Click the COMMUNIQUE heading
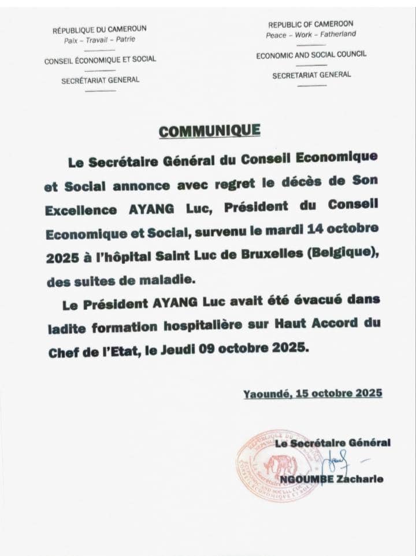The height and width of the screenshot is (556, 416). (210, 131)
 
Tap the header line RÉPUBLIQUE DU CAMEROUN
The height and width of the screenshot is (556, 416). (100, 29)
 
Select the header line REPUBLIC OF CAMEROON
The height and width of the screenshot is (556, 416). (310, 24)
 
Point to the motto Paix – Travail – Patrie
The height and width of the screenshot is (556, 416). (100, 40)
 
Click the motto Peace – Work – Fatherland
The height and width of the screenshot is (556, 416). (310, 35)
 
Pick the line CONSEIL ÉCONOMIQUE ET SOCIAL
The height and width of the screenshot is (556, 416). (100, 60)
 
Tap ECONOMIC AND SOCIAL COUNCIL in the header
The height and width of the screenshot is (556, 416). (311, 55)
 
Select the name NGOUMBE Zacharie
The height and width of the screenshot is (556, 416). (332, 479)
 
